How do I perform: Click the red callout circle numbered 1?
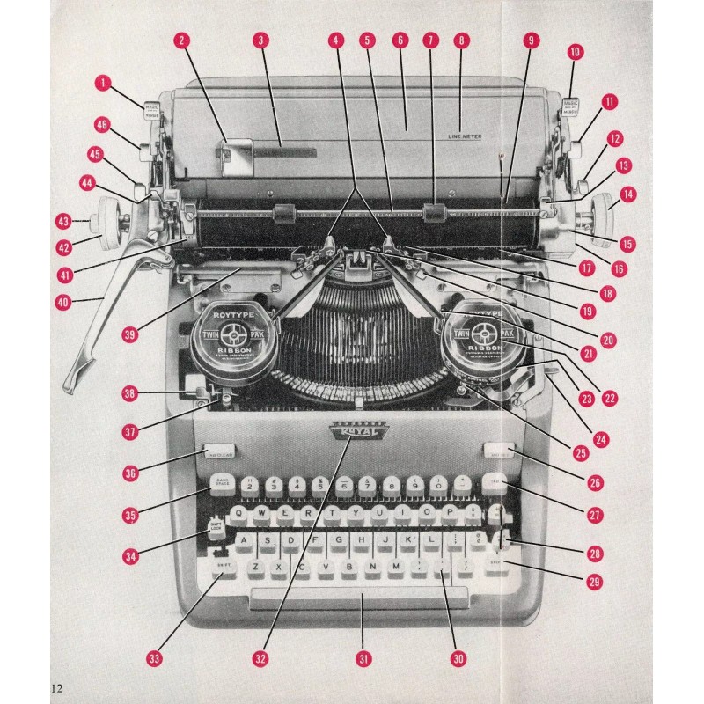(x=104, y=84)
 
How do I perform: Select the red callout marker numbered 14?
(x=627, y=193)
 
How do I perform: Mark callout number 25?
(x=580, y=453)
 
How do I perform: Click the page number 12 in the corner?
(x=58, y=686)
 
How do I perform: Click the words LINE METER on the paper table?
(x=465, y=136)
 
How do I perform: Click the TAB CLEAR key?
(x=220, y=452)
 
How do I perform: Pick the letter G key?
(x=338, y=541)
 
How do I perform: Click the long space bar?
(x=359, y=599)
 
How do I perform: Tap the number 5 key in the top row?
(x=320, y=484)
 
